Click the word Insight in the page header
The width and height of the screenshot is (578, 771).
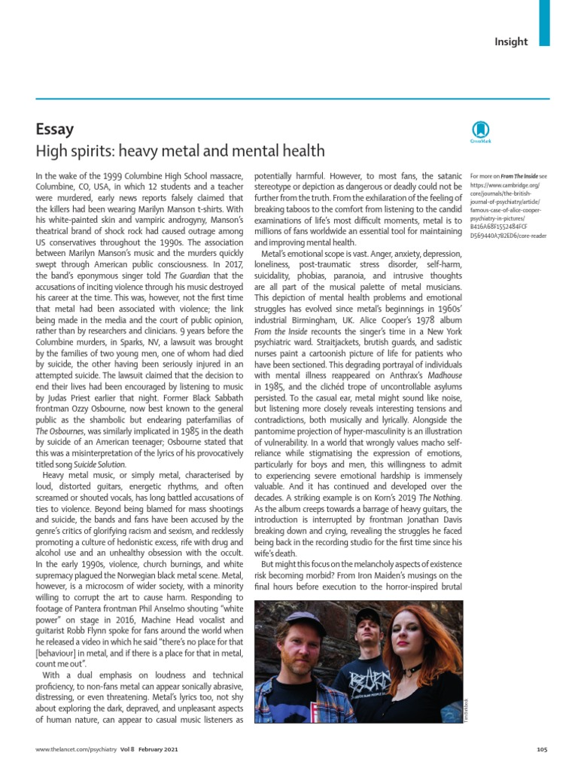pyautogui.click(x=510, y=42)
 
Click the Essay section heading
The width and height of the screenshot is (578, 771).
pyautogui.click(x=55, y=129)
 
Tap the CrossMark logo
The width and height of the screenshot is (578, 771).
pyautogui.click(x=480, y=130)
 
